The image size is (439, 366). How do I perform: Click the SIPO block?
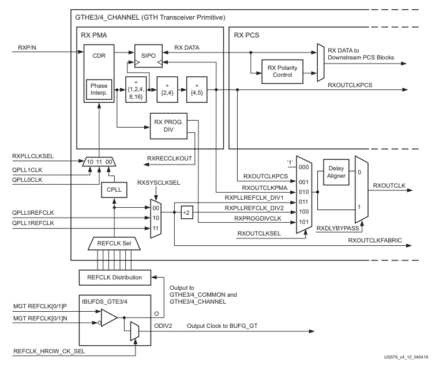pos(149,55)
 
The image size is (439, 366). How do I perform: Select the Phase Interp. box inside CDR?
pos(99,89)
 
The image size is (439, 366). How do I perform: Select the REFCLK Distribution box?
pos(114,277)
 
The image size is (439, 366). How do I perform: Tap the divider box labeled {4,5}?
pos(196,89)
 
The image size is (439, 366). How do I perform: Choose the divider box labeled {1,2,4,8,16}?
pos(137,89)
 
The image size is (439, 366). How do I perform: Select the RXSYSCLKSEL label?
pos(159,182)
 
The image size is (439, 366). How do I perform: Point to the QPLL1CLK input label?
pos(27,170)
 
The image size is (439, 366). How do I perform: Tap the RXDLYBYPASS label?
pos(339,229)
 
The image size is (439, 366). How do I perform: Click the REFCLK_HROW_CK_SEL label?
pos(50,350)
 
